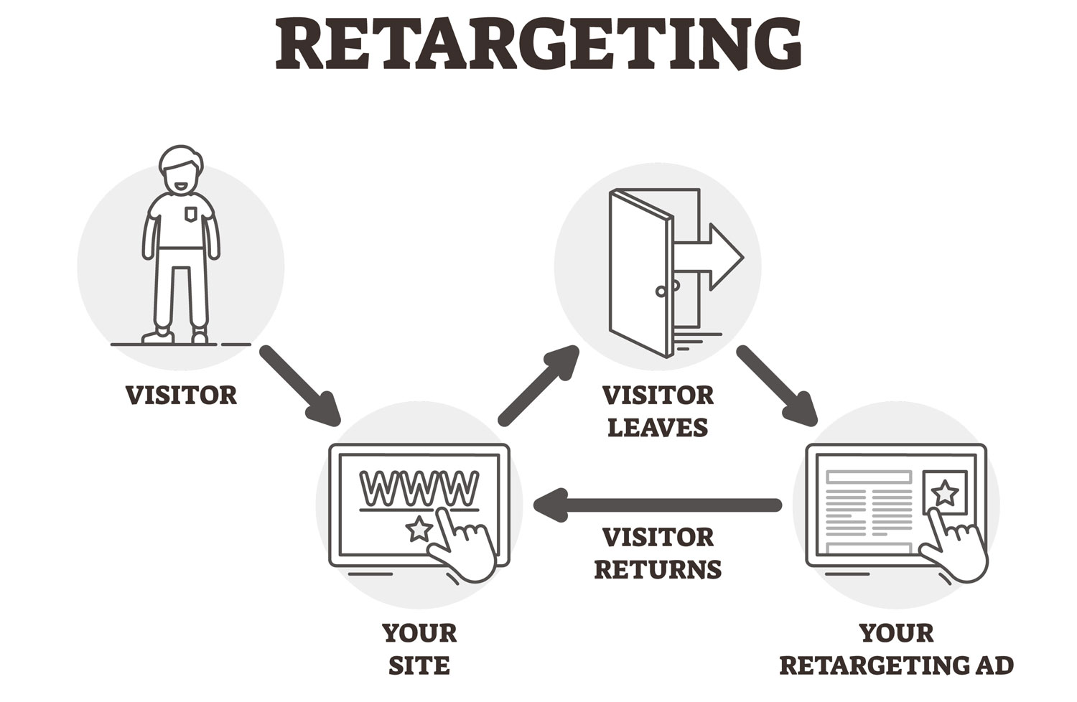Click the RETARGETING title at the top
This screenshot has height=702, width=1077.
(538, 45)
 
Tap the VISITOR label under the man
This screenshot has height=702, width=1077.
(181, 396)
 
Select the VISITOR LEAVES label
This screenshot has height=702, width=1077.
(658, 411)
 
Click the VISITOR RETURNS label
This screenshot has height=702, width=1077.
(658, 553)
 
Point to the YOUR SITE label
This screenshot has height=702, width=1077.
(419, 649)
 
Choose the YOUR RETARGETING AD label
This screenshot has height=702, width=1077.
(896, 649)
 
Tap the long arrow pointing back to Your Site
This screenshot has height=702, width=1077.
(657, 505)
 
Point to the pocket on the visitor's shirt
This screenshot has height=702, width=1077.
(190, 214)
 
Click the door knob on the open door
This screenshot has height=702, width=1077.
(661, 291)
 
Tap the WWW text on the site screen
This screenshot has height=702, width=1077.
(419, 489)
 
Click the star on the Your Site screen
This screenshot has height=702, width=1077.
(419, 530)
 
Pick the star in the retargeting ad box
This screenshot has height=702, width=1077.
(945, 493)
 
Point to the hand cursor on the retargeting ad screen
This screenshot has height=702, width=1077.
(955, 542)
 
